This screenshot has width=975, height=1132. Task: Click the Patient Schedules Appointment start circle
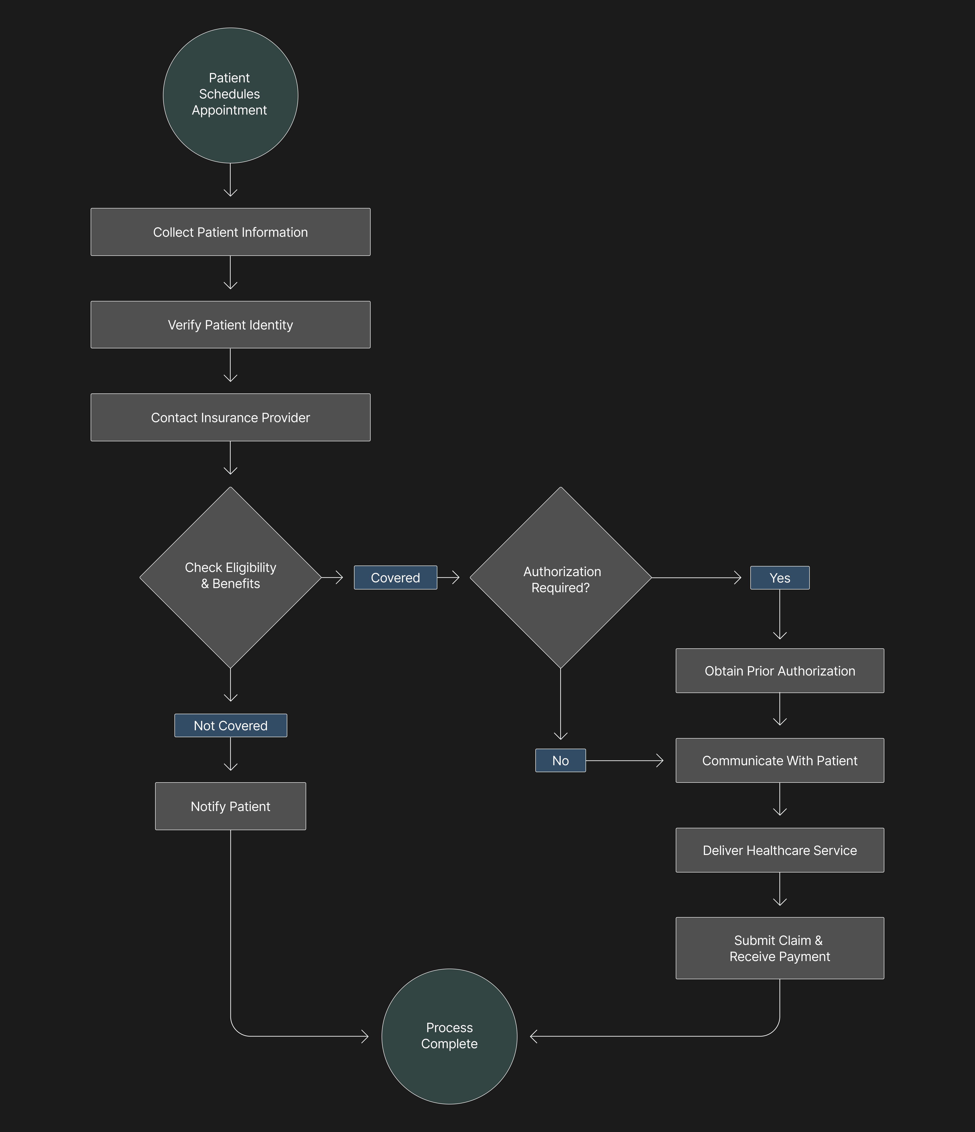point(230,95)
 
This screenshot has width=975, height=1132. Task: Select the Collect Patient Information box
point(230,232)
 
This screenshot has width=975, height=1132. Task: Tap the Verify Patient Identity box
point(230,324)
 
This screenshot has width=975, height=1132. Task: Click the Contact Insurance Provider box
point(230,417)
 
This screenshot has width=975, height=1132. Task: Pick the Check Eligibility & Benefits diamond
point(230,577)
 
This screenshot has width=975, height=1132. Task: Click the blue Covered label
point(395,578)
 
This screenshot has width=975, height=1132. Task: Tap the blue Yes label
point(779,578)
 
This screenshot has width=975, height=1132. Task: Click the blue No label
point(560,760)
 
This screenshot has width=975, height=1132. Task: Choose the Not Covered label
point(230,725)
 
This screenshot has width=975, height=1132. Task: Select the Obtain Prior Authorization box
point(779,671)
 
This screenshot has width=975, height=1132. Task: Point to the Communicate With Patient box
point(779,760)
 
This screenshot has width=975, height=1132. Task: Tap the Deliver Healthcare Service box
point(779,850)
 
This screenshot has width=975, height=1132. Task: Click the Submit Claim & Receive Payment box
point(779,948)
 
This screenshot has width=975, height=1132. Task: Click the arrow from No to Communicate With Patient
point(624,760)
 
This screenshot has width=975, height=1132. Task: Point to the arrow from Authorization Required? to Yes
point(696,578)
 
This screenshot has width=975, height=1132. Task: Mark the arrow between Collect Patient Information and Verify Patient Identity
point(230,272)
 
